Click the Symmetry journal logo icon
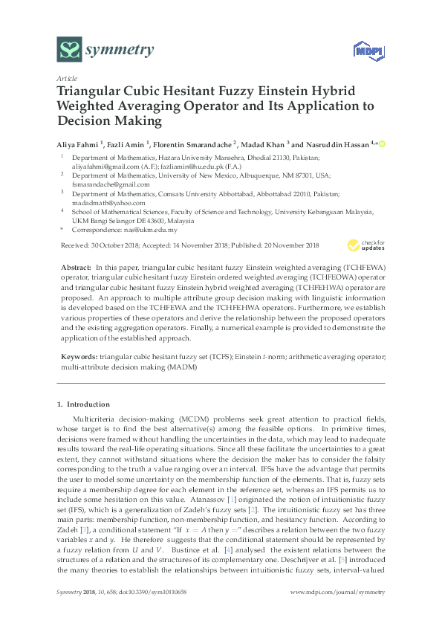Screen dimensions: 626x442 pos(69,51)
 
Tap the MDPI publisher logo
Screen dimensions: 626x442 pos(362,51)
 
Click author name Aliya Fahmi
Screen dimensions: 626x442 pos(79,143)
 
